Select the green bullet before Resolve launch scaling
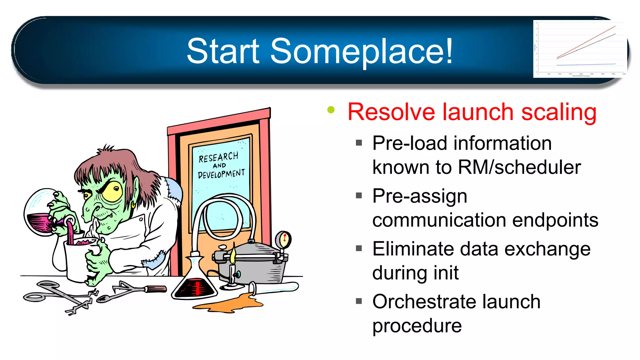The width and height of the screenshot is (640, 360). click(331, 110)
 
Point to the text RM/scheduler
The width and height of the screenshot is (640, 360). click(519, 167)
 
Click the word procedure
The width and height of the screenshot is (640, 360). click(417, 326)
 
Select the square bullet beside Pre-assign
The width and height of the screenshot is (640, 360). click(359, 196)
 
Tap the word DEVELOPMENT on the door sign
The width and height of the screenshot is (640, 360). click(221, 174)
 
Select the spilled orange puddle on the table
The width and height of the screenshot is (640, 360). click(231, 303)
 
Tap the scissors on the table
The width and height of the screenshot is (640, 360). click(59, 294)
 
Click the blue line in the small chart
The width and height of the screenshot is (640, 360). click(586, 64)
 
